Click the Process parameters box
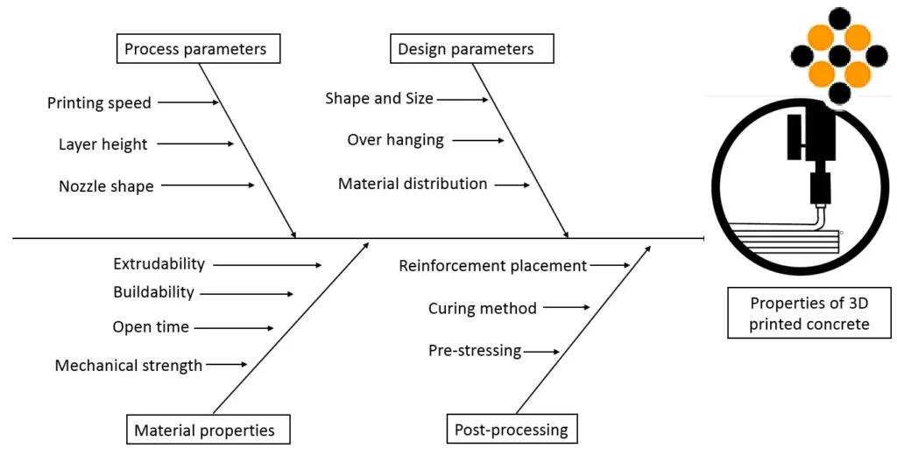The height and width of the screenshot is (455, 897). point(199,49)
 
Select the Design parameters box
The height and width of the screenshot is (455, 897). point(472,49)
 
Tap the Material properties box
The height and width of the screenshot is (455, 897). point(208,430)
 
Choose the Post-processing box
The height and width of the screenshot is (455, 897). point(512,430)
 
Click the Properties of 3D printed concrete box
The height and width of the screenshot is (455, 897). point(809,313)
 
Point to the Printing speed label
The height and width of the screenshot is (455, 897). point(99,103)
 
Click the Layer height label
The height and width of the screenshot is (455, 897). point(103,144)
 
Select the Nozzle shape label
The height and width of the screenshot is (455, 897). point(106,186)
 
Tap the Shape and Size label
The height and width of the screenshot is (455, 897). point(379,98)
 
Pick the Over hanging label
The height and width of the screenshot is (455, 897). point(395,140)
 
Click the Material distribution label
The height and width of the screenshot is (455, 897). point(413,184)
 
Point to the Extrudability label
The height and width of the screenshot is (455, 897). point(159,263)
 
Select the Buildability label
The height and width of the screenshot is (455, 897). point(154,292)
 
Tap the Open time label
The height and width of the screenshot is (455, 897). point(151,327)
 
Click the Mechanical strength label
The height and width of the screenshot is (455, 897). point(129,365)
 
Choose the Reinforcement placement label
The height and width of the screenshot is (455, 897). point(493,266)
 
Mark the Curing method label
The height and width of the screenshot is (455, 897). point(483,309)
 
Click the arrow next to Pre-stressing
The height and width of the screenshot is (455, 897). point(541,352)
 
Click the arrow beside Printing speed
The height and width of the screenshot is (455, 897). point(188,103)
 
